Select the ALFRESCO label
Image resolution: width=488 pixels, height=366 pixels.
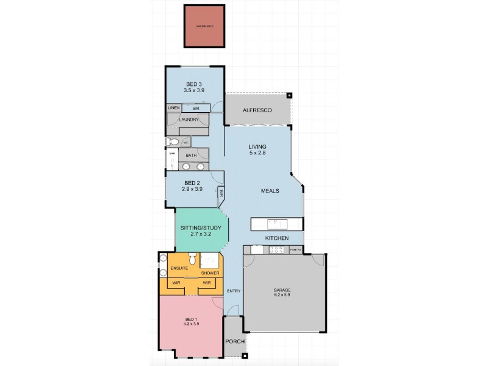click(257, 110)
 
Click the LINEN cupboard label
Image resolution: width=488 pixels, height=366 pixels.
click(174, 108)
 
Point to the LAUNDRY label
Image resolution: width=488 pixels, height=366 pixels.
click(189, 120)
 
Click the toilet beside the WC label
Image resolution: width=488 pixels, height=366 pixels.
click(173, 142)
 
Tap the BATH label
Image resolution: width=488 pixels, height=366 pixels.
click(191, 156)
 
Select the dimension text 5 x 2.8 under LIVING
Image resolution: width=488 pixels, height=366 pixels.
click(257, 153)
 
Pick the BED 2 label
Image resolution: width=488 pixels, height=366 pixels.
click(192, 183)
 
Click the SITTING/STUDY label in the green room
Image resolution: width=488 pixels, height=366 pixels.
click(200, 228)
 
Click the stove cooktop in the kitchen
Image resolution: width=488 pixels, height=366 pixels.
click(277, 249)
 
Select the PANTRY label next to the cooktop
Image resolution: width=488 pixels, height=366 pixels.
click(296, 249)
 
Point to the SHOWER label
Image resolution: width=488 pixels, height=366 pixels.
click(210, 273)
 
